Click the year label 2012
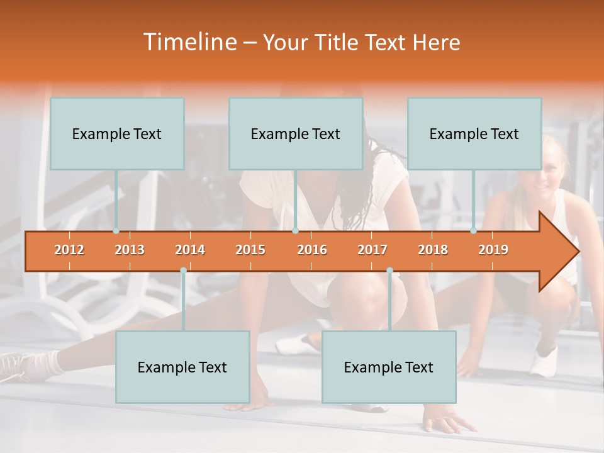(x=69, y=250)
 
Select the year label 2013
(x=130, y=250)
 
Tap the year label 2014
(x=190, y=250)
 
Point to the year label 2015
(x=250, y=250)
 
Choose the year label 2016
(x=312, y=250)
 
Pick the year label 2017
(x=372, y=250)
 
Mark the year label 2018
(x=433, y=250)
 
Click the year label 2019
(x=493, y=250)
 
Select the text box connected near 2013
(x=117, y=133)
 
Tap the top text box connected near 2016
(x=296, y=133)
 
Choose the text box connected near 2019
(x=474, y=133)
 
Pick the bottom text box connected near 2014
(x=182, y=367)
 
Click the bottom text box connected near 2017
(x=389, y=367)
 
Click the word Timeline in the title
(x=189, y=42)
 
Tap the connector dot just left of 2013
(x=116, y=231)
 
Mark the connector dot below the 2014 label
(x=183, y=271)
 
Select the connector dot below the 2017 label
(x=389, y=271)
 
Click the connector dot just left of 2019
(x=474, y=231)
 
